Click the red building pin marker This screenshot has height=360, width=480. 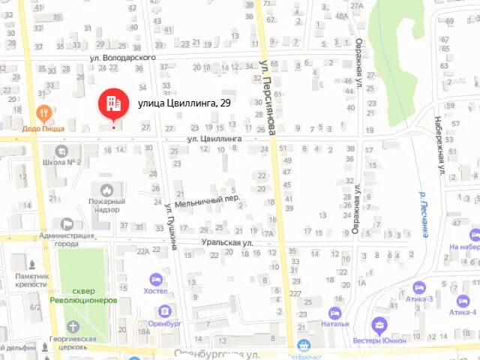(113, 103)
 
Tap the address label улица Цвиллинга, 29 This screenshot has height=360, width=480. (184, 103)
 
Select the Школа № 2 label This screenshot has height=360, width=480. (61, 162)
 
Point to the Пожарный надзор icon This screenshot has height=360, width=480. (106, 191)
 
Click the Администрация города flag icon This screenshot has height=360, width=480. (67, 223)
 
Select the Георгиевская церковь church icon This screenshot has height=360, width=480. (72, 326)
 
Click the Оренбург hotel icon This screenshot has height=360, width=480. (165, 310)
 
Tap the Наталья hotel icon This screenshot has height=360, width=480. (334, 313)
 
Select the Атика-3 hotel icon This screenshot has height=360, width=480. (419, 287)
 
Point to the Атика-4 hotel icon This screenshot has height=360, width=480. (463, 300)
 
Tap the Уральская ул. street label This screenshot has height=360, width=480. (226, 243)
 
